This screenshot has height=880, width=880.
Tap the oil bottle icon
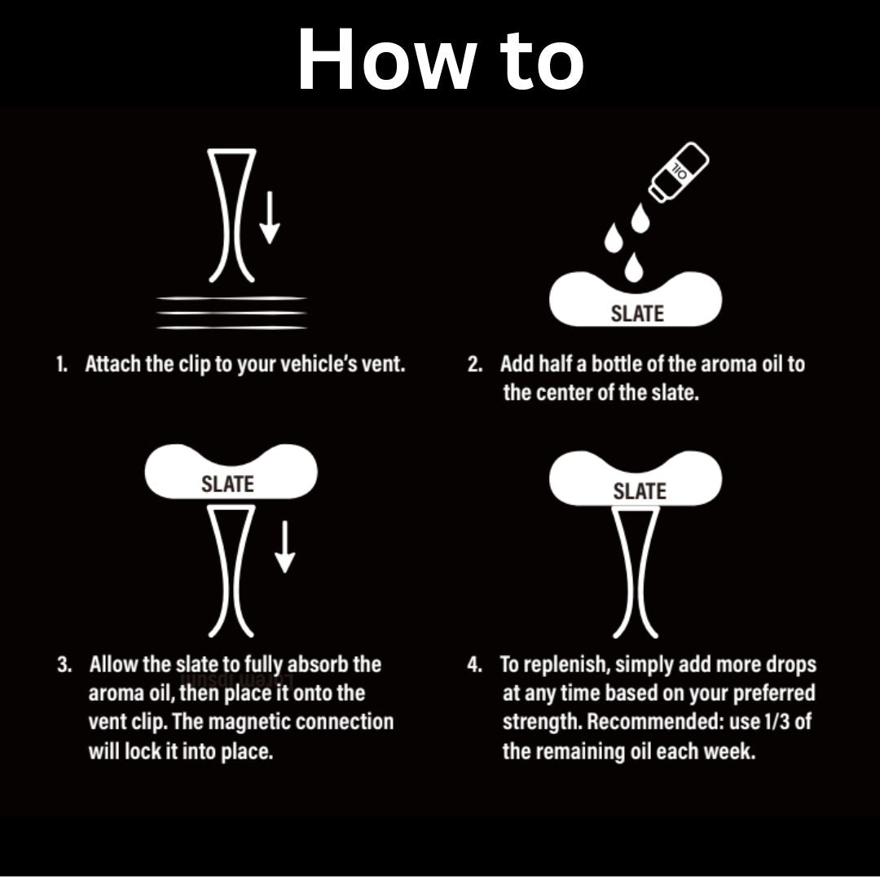point(679,171)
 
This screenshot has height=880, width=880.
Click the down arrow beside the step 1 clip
point(270,218)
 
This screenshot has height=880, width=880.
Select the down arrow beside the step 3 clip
point(285,547)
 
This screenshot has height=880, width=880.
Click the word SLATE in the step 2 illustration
point(637,314)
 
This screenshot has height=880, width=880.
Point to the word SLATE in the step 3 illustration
point(228,484)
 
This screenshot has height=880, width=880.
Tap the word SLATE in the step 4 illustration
point(640,491)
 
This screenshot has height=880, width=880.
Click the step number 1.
point(61,364)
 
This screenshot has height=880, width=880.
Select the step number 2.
point(475,364)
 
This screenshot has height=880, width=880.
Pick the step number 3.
point(64,665)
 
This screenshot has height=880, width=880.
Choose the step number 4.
point(474,665)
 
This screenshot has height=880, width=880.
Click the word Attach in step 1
point(113,364)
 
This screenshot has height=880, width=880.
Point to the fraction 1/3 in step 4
point(779,722)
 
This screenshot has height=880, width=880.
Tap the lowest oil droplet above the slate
point(634,267)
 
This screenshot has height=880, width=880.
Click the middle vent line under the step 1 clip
point(231,313)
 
